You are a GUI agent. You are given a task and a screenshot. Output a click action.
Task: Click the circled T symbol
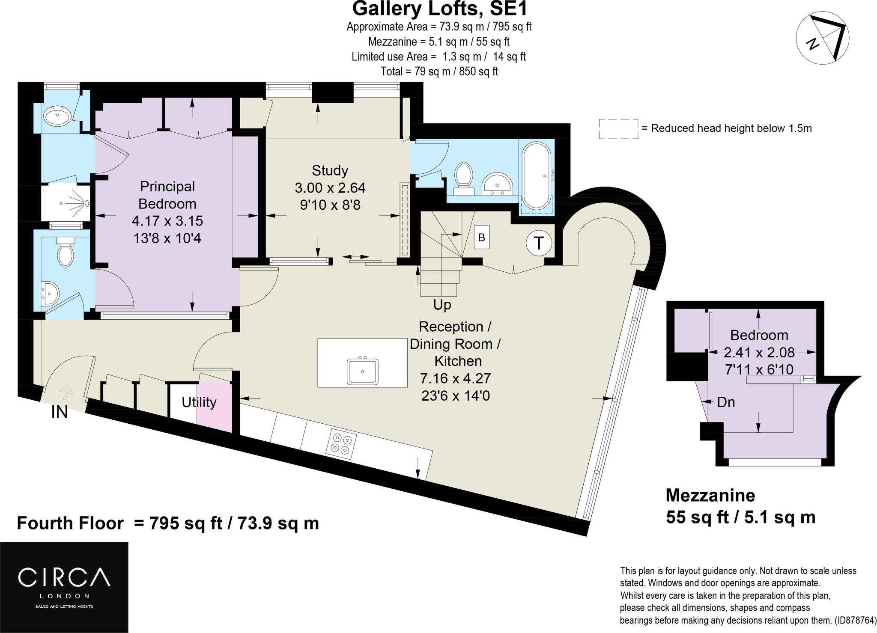[539, 243]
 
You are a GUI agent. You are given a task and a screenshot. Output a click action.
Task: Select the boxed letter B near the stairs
[481, 238]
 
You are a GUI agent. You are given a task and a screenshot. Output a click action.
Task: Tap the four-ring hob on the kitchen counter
[341, 444]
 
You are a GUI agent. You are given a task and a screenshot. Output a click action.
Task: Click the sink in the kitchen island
[363, 371]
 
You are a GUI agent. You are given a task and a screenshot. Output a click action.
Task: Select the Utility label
[199, 402]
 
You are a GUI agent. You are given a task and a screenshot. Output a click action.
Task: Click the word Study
[330, 170]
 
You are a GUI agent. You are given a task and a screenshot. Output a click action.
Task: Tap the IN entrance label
[60, 412]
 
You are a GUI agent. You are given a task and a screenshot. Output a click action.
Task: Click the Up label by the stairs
[442, 305]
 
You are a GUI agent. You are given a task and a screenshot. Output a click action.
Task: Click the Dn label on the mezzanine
[726, 402]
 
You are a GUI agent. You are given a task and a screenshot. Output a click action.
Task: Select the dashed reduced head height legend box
[618, 129]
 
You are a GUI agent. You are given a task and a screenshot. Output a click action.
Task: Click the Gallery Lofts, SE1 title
[440, 9]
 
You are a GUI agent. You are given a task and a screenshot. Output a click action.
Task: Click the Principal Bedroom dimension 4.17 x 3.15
[167, 221]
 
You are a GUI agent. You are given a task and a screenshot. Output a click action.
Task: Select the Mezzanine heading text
[710, 495]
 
